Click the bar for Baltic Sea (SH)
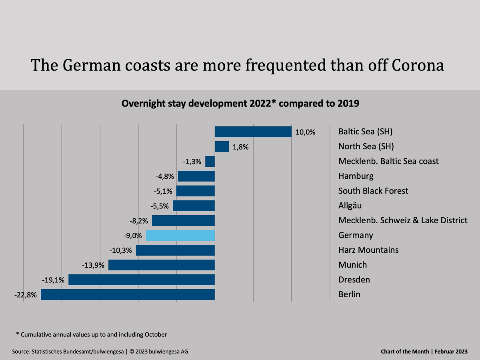coord(253,132)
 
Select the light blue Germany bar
coord(180,235)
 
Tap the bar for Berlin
coord(128,294)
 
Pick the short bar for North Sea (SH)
coord(222,146)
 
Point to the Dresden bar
coord(142,280)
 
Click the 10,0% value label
coord(306,132)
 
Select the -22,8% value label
coord(26,295)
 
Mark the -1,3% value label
coord(192,162)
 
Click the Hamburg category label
coord(356,176)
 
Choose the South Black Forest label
coord(373,191)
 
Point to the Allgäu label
coord(350,206)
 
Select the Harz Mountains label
coord(368,250)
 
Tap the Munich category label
coord(352,265)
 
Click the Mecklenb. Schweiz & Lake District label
coord(403,220)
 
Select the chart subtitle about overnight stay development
coord(240,103)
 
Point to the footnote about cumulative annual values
coord(91,334)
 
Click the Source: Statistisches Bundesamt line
coord(100,352)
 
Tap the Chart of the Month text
coord(424,352)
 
